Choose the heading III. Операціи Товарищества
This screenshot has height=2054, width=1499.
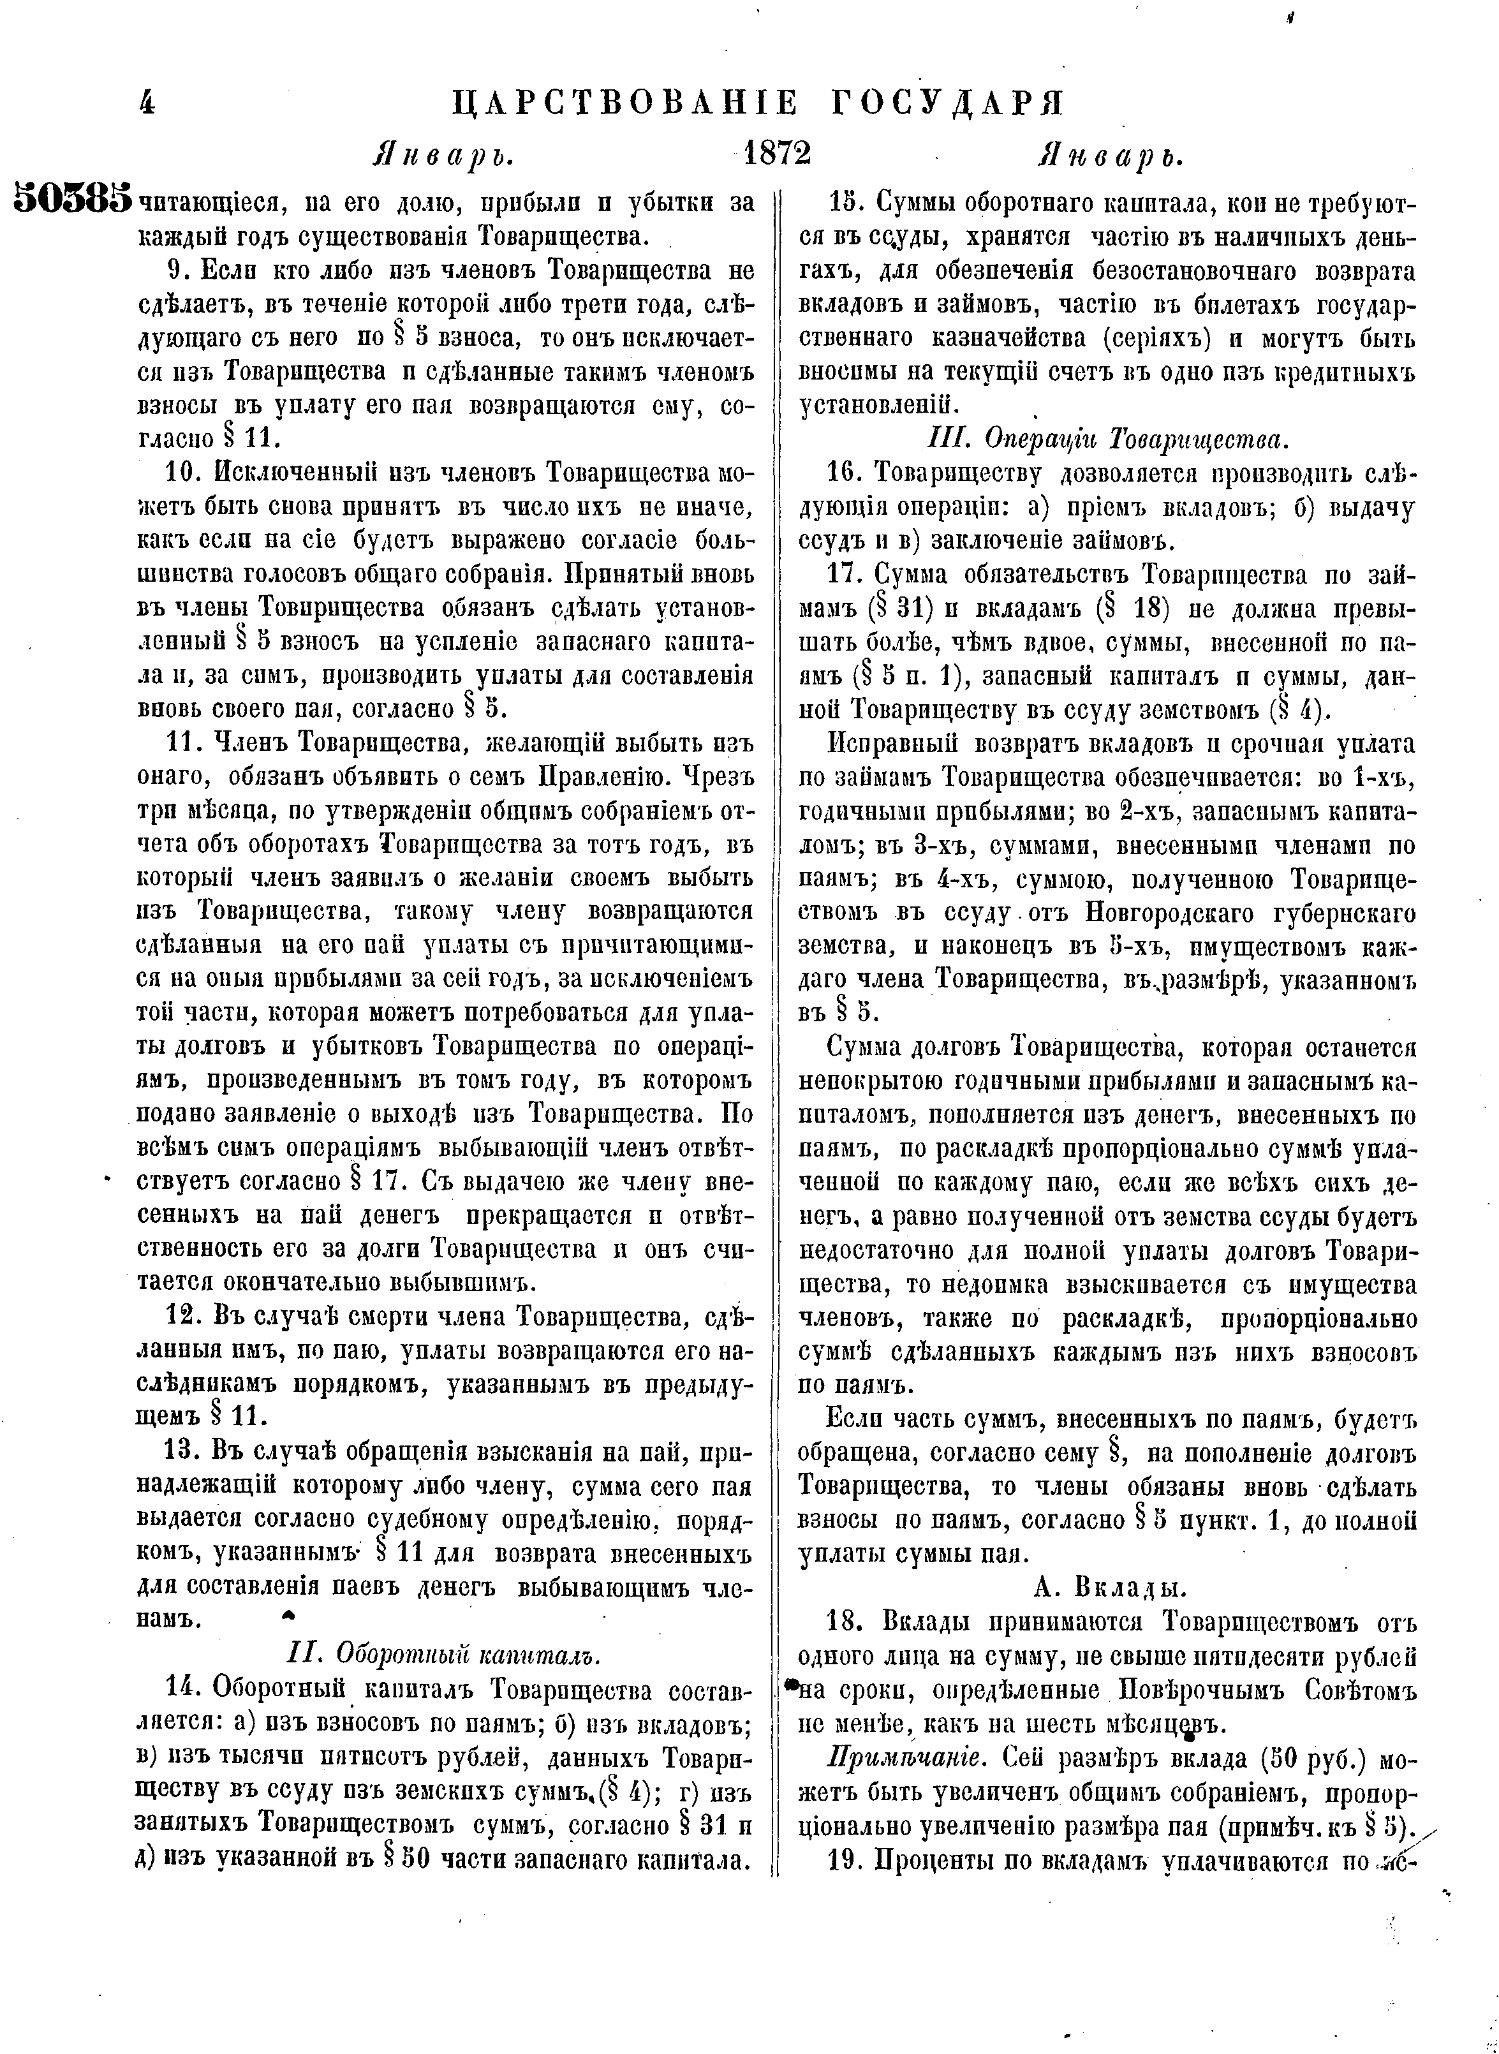coord(1106,440)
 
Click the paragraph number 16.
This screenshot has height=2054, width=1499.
coord(848,475)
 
